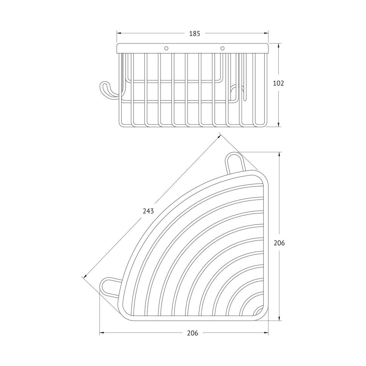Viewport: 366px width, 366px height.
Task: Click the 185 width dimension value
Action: click(x=195, y=34)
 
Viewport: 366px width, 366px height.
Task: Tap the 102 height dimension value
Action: click(x=278, y=83)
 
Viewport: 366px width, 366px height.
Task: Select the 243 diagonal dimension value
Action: click(x=148, y=211)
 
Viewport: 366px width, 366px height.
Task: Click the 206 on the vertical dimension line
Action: click(x=279, y=243)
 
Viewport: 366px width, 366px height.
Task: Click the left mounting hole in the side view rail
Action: click(x=166, y=48)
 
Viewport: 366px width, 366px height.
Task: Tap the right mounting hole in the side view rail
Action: click(x=222, y=48)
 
